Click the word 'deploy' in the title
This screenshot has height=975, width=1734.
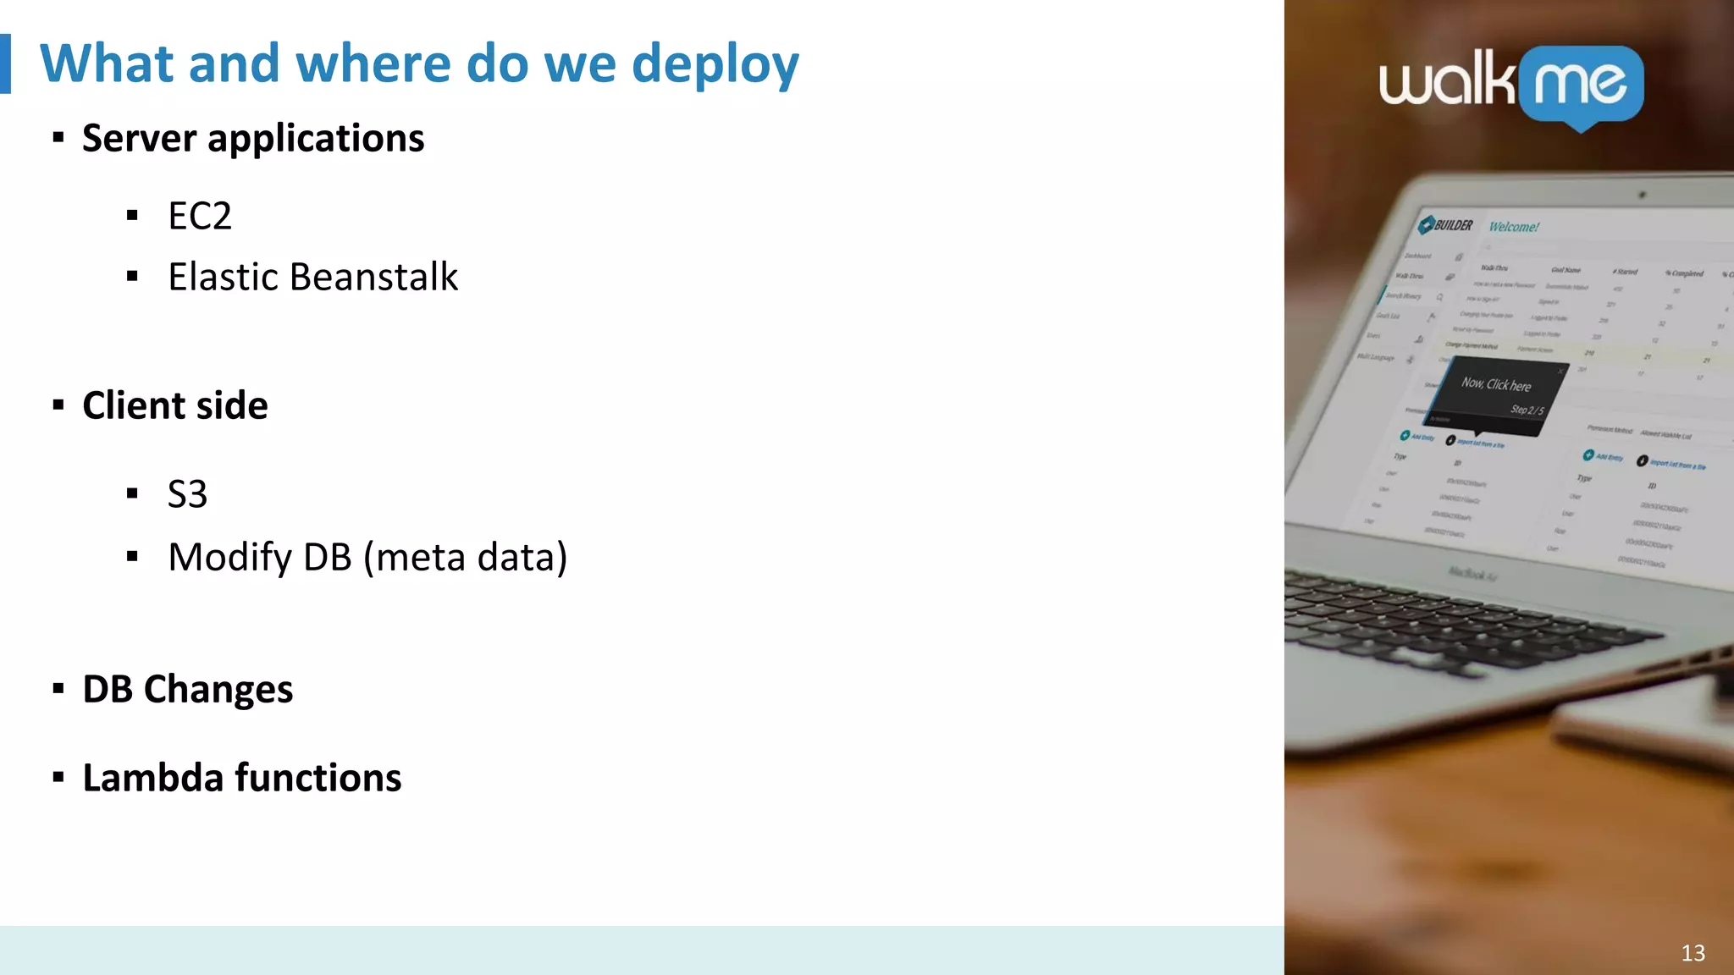(715, 64)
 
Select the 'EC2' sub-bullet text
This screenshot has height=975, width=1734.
(200, 216)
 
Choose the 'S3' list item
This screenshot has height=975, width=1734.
(187, 493)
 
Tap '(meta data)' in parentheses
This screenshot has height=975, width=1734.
(465, 557)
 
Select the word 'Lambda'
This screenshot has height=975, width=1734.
(152, 777)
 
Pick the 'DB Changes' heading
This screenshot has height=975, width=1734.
(187, 689)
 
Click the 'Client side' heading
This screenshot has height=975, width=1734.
(174, 405)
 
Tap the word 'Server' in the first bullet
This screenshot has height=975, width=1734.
(139, 138)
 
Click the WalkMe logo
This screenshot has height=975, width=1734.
(1510, 85)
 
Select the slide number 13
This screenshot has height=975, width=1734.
(1693, 953)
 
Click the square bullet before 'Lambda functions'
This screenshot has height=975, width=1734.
(58, 777)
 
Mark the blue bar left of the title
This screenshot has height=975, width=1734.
(5, 63)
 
